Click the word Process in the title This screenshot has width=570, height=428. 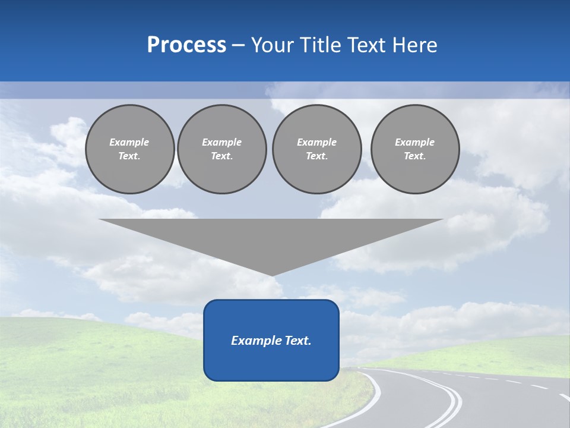click(x=186, y=45)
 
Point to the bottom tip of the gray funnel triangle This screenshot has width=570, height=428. click(x=272, y=275)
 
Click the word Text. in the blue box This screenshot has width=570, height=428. click(x=297, y=341)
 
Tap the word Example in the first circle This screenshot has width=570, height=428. click(x=129, y=142)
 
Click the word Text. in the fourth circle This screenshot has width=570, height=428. click(x=415, y=156)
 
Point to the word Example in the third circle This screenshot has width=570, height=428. click(x=316, y=142)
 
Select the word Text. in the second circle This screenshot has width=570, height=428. click(x=221, y=156)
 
